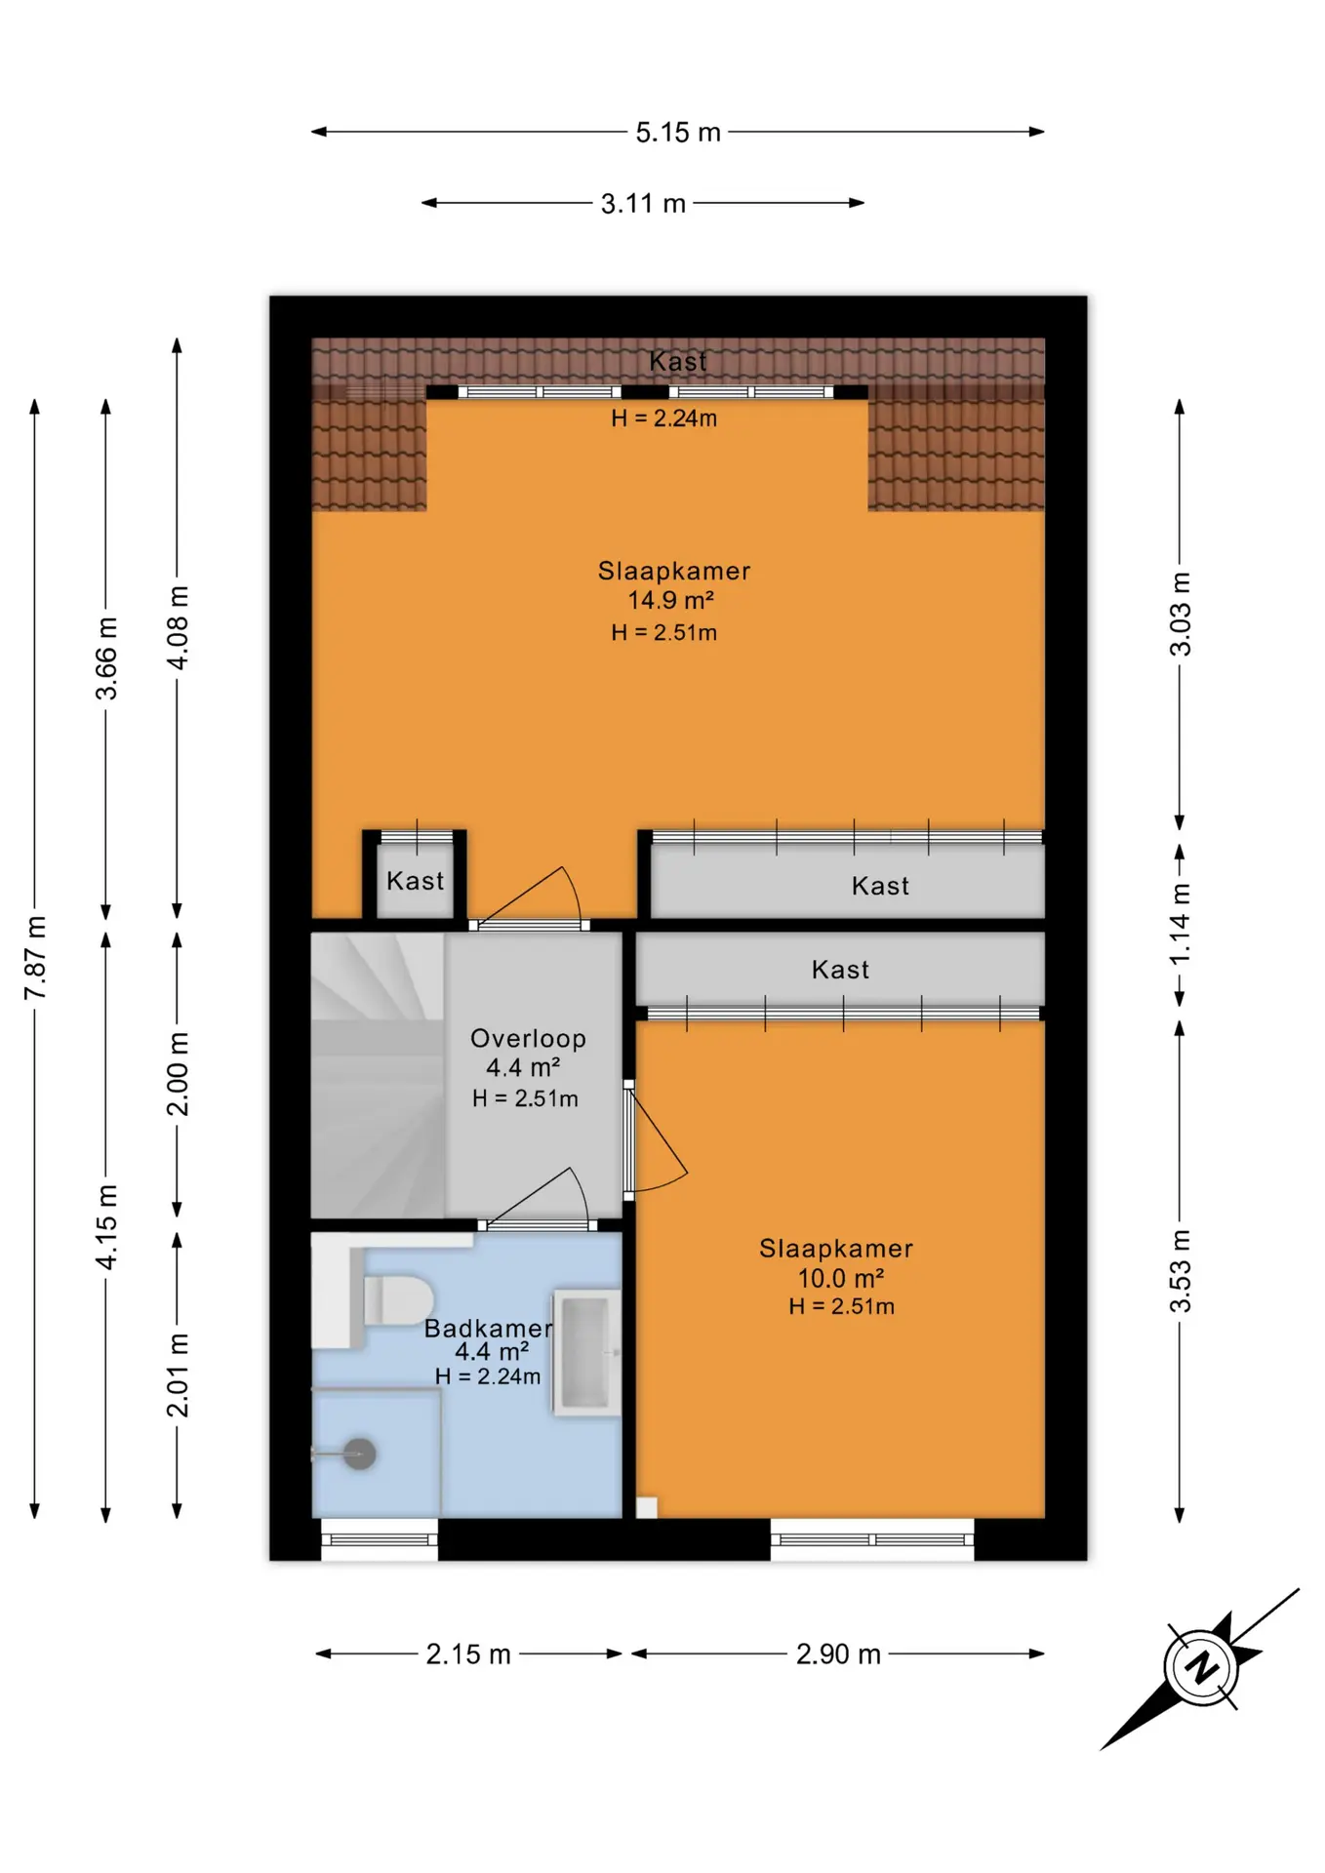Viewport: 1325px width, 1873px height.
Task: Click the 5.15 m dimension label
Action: click(678, 132)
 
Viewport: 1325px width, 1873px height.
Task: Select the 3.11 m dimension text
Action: click(643, 204)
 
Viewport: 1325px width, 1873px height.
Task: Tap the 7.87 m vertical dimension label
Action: click(36, 957)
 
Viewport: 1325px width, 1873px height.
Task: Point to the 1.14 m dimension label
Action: click(1181, 923)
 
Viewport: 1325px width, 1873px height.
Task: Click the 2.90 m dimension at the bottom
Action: click(838, 1654)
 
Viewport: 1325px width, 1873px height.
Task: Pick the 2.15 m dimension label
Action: click(468, 1654)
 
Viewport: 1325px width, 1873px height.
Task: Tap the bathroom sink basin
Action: click(587, 1352)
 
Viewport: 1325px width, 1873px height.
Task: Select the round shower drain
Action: click(360, 1454)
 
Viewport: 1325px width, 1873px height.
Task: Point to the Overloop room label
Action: click(528, 1038)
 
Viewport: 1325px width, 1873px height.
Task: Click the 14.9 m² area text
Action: click(670, 600)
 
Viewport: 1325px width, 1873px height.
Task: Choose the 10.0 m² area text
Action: click(841, 1278)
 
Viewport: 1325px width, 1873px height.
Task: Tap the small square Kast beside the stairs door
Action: click(415, 875)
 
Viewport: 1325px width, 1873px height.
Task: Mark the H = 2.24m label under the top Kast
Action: click(664, 418)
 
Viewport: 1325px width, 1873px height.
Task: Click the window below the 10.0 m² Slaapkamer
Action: click(872, 1539)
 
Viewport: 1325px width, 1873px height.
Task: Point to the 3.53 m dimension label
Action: click(1181, 1271)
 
